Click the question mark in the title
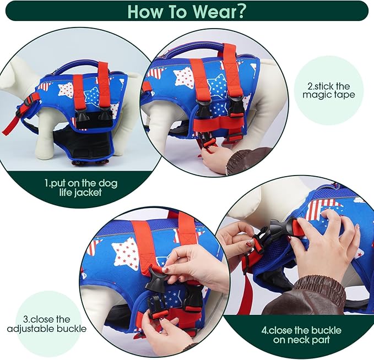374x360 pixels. point(239,11)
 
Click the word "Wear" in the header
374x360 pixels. point(212,11)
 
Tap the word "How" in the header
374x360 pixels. point(145,11)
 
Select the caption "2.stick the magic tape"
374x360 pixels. point(329,90)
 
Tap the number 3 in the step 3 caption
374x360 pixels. point(26,319)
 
